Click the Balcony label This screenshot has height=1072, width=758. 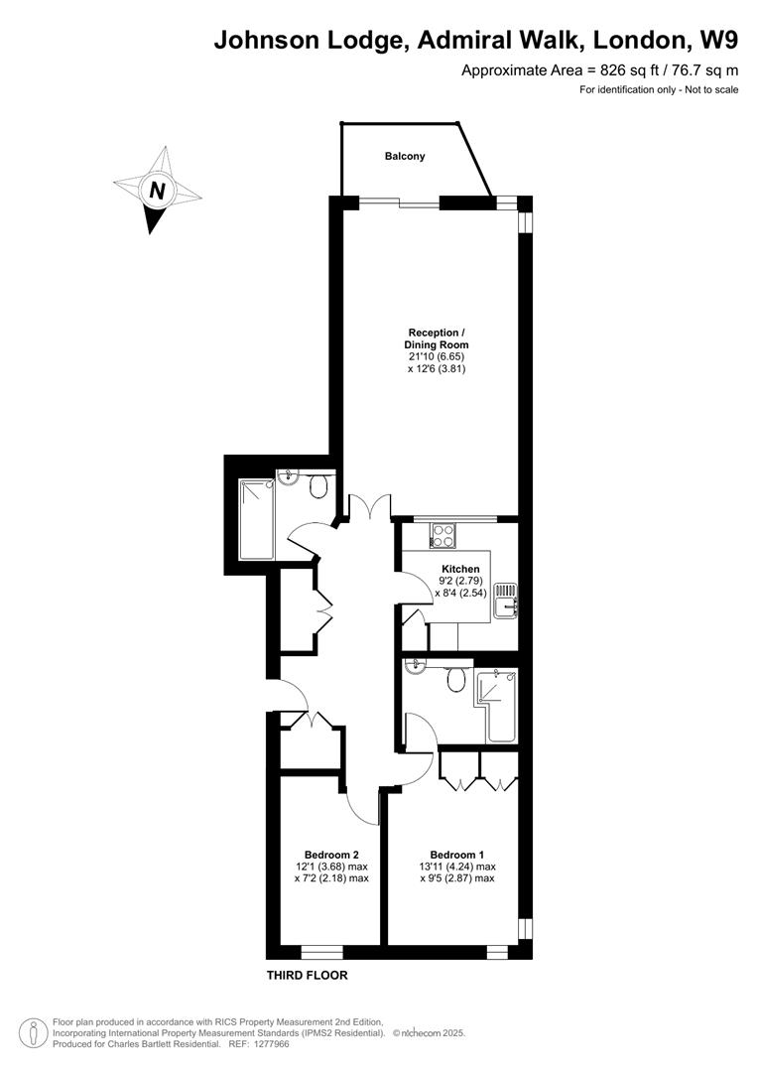[405, 156]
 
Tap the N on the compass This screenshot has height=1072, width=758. [156, 190]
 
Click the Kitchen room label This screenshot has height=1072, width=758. [460, 569]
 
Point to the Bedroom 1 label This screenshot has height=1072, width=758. [457, 855]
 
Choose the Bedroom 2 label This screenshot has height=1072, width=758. [331, 855]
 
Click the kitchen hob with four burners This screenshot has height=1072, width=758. [442, 535]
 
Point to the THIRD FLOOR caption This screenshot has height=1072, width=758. [307, 976]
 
